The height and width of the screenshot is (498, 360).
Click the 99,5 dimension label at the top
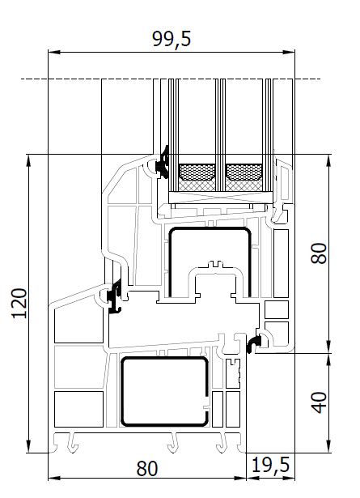click(x=172, y=39)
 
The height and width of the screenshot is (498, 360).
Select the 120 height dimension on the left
click(x=19, y=304)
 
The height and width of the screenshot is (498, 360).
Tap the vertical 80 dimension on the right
click(x=319, y=253)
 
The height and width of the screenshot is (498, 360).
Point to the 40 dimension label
click(x=319, y=402)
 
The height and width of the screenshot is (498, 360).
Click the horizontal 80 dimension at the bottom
click(x=147, y=469)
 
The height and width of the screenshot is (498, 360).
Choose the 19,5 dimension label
click(x=270, y=466)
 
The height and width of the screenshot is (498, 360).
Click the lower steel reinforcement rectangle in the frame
click(x=164, y=391)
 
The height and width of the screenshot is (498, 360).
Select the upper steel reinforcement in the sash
click(x=210, y=262)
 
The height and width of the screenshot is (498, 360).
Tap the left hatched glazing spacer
click(x=197, y=177)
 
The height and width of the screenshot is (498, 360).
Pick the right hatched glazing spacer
click(x=244, y=177)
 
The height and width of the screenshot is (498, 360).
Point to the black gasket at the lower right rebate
click(x=254, y=343)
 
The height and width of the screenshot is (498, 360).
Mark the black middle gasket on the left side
click(x=115, y=296)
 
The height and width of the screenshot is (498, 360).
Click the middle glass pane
click(x=220, y=135)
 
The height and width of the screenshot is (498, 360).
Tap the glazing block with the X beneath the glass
click(x=220, y=198)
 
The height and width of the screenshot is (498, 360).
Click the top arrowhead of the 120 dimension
click(x=29, y=160)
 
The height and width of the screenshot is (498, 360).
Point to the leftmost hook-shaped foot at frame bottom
click(x=73, y=443)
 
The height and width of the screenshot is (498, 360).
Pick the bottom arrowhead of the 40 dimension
click(x=329, y=446)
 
